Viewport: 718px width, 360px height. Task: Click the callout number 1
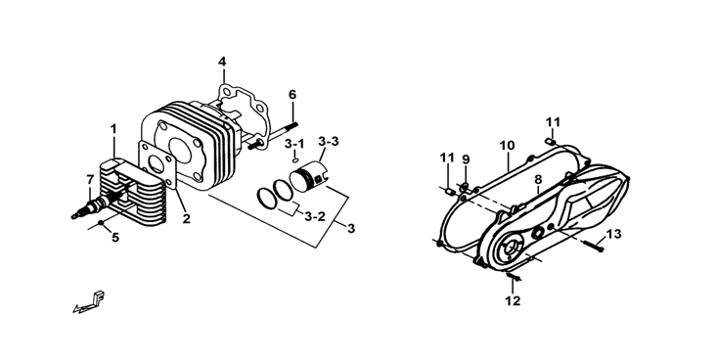pyautogui.click(x=113, y=129)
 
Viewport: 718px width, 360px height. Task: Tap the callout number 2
pyautogui.click(x=186, y=219)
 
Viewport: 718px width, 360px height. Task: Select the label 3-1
pyautogui.click(x=294, y=144)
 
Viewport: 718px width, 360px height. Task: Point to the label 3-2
pyautogui.click(x=315, y=216)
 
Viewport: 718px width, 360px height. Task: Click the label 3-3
pyautogui.click(x=329, y=142)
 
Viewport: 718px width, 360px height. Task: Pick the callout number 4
pyautogui.click(x=222, y=62)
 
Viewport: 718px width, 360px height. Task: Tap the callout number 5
pyautogui.click(x=115, y=238)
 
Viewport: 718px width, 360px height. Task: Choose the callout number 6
pyautogui.click(x=292, y=95)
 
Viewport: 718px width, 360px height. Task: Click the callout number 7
pyautogui.click(x=90, y=180)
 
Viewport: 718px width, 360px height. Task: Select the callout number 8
pyautogui.click(x=538, y=180)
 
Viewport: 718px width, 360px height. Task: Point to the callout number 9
pyautogui.click(x=466, y=159)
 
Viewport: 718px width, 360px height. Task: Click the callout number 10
pyautogui.click(x=507, y=146)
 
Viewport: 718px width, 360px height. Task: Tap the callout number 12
pyautogui.click(x=513, y=301)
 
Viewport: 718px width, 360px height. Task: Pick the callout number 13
pyautogui.click(x=613, y=234)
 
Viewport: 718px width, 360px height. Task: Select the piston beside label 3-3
pyautogui.click(x=309, y=178)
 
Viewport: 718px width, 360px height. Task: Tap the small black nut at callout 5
pyautogui.click(x=101, y=223)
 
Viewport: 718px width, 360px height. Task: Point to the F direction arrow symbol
pyautogui.click(x=90, y=302)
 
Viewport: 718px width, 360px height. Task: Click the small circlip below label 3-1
pyautogui.click(x=295, y=159)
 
